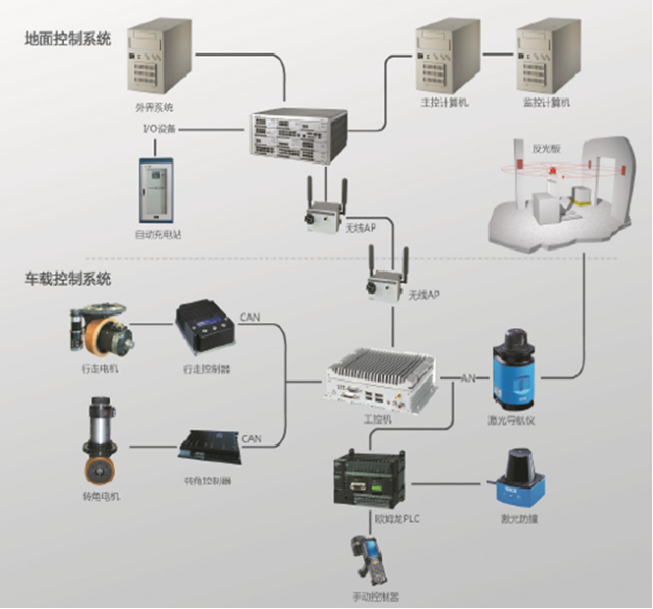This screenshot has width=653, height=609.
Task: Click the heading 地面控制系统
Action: click(x=68, y=40)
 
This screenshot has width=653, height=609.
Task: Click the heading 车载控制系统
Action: click(x=68, y=279)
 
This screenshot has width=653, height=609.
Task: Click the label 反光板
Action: click(x=545, y=148)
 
